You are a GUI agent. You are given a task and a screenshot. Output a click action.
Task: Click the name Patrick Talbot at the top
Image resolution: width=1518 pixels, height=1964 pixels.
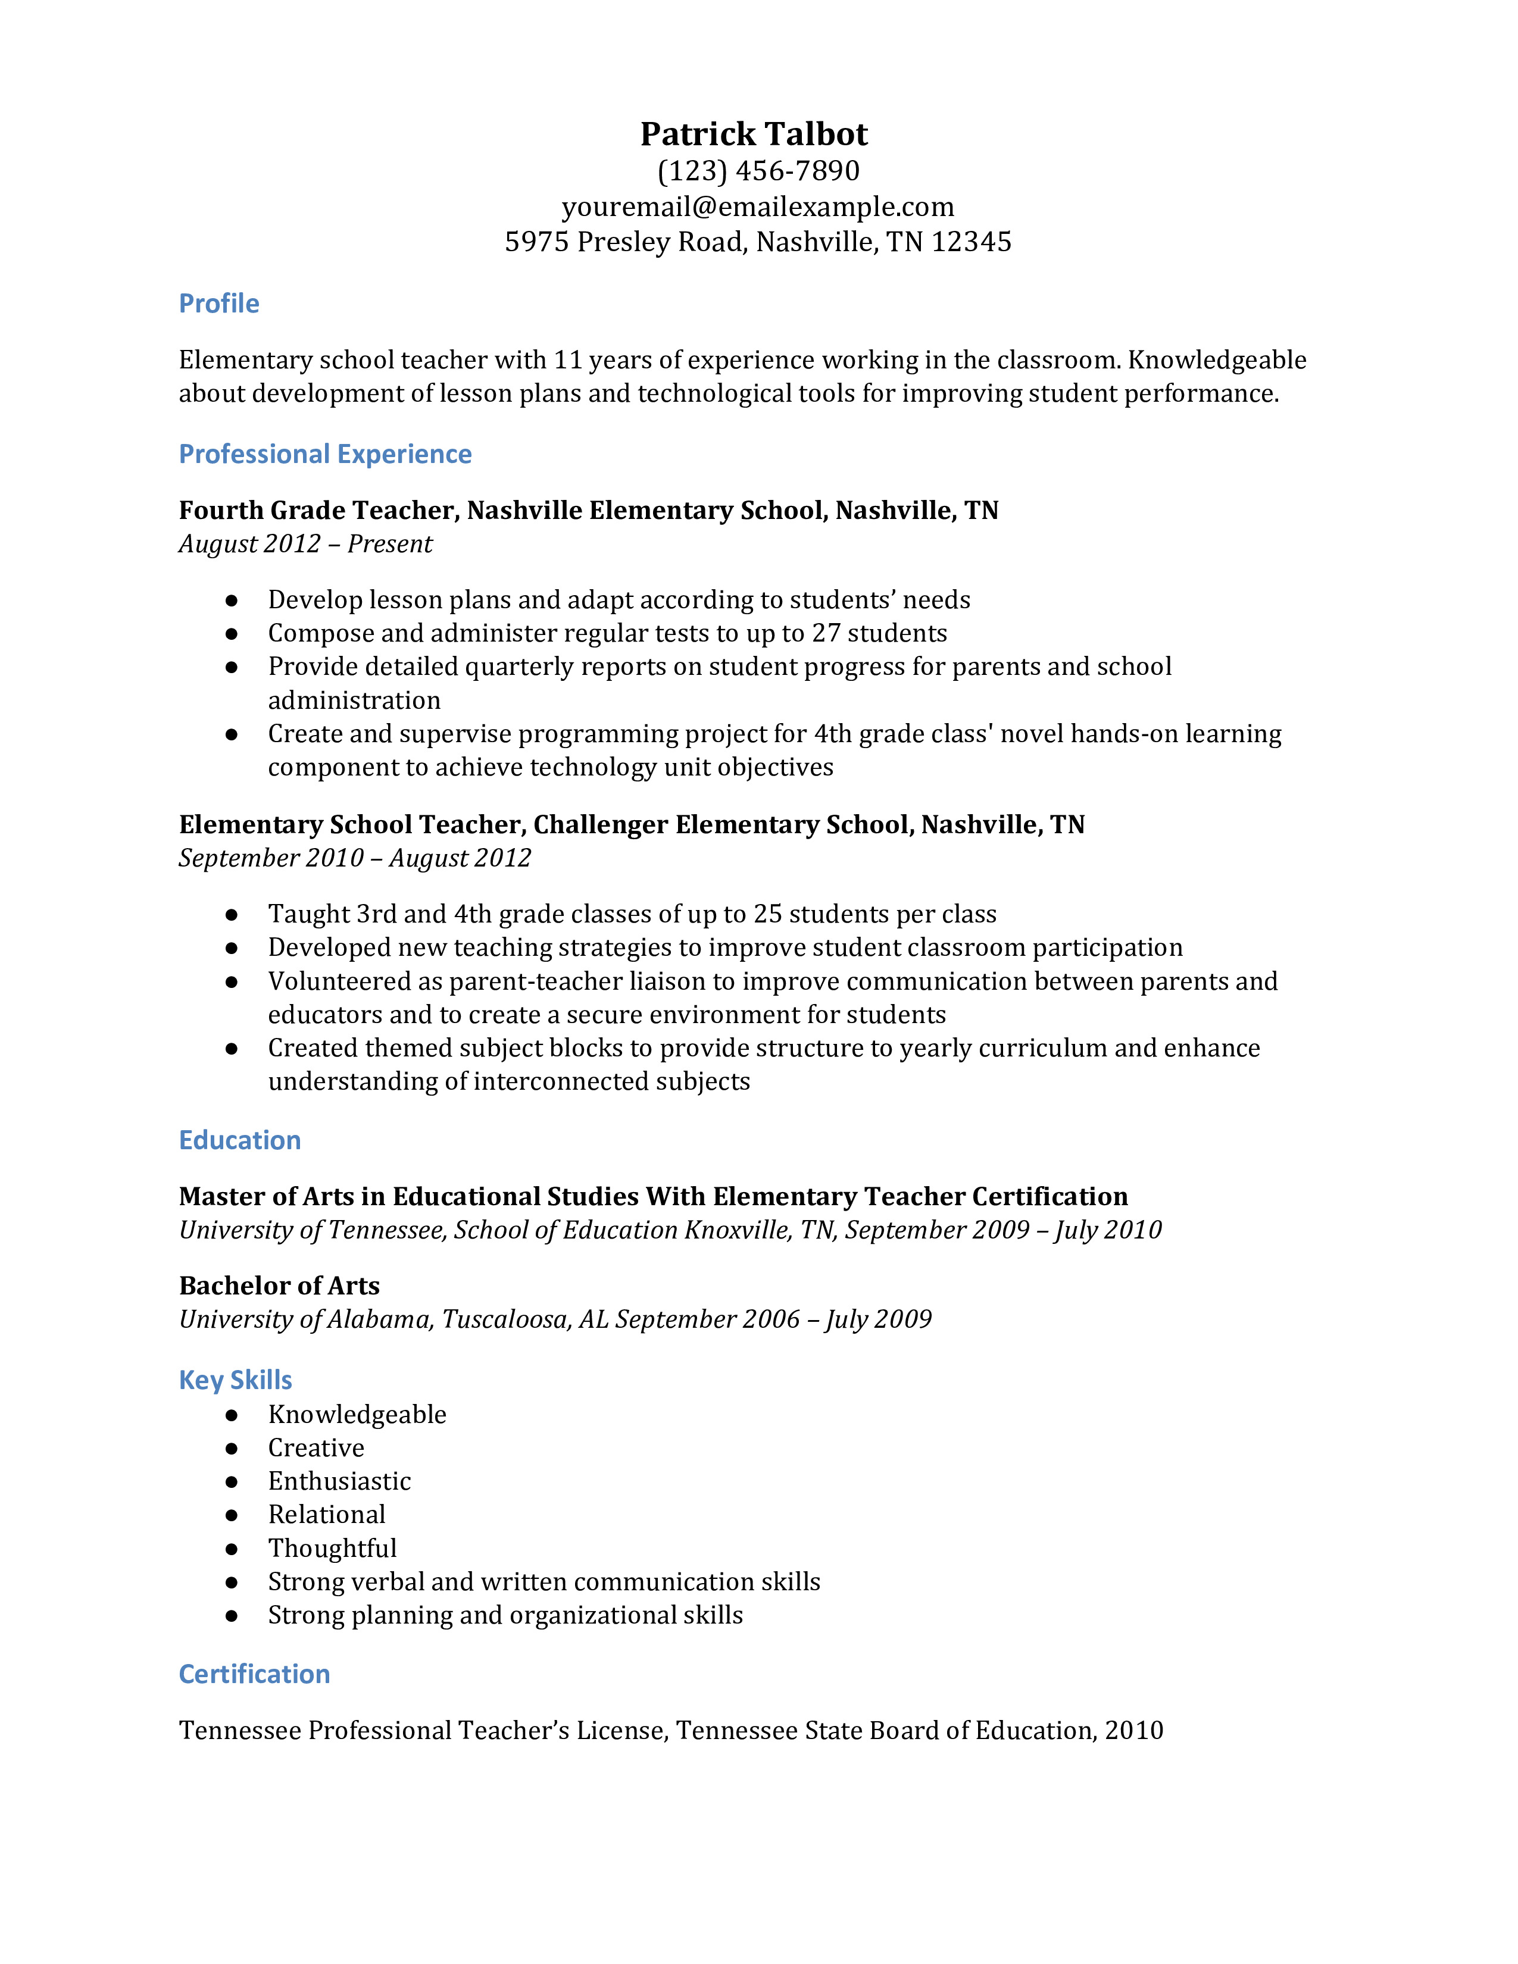pyautogui.click(x=754, y=134)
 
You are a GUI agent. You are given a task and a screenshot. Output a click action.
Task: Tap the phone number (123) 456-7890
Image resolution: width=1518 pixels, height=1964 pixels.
pyautogui.click(x=758, y=171)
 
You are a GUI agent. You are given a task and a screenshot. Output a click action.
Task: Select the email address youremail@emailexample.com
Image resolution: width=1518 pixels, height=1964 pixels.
pyautogui.click(x=758, y=207)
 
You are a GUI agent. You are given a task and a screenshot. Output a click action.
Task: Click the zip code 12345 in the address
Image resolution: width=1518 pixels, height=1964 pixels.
pyautogui.click(x=972, y=242)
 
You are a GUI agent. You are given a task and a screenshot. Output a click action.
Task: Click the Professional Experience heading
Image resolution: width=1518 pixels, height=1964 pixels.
pyautogui.click(x=324, y=454)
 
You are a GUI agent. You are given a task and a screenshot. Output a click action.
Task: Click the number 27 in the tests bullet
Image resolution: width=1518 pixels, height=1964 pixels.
pyautogui.click(x=826, y=633)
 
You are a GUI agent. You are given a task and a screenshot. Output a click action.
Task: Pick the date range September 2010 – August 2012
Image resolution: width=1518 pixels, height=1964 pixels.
pyautogui.click(x=354, y=858)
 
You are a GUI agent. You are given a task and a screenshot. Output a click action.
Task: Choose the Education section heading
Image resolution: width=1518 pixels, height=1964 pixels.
pyautogui.click(x=239, y=1140)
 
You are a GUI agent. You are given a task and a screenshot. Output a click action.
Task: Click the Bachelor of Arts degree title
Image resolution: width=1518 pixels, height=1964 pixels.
pyautogui.click(x=279, y=1286)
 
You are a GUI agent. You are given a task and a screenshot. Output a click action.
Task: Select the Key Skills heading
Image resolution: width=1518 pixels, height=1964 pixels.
pyautogui.click(x=236, y=1380)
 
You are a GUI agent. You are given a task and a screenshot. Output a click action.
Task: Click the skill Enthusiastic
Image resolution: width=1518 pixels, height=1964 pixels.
pyautogui.click(x=339, y=1481)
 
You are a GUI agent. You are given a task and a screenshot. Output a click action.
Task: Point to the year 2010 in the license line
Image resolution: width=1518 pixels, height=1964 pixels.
pyautogui.click(x=1134, y=1730)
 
